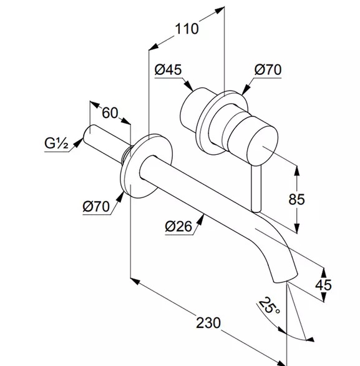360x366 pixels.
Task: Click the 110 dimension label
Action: (187, 29)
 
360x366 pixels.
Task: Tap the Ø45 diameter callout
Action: (168, 69)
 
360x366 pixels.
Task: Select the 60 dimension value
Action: (110, 113)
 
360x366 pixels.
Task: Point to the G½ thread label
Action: (56, 143)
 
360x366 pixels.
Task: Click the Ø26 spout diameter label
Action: (178, 226)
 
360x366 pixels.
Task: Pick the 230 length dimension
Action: (208, 323)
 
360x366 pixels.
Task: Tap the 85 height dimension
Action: (296, 199)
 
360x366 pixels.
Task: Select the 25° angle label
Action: (269, 305)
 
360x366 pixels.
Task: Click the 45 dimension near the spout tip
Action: (323, 285)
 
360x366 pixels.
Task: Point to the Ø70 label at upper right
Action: (268, 69)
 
